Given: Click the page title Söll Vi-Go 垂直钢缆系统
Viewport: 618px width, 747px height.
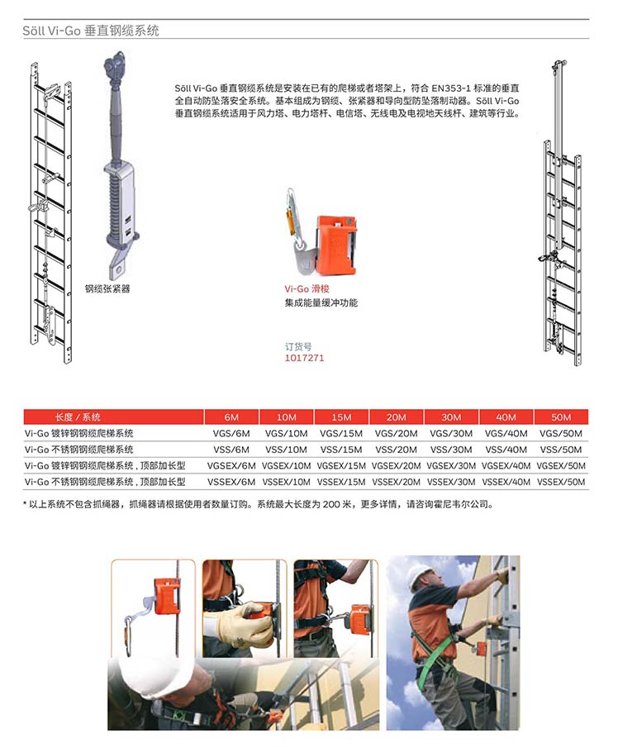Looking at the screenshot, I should (x=91, y=31).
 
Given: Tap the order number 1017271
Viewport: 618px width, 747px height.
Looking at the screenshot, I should (x=304, y=358).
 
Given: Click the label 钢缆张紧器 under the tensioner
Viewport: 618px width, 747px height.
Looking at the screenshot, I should (x=107, y=289).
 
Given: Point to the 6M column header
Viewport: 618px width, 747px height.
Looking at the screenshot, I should (x=231, y=417).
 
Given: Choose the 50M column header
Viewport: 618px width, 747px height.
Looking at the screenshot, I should (x=561, y=417).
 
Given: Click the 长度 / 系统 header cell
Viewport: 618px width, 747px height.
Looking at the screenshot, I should (x=78, y=417).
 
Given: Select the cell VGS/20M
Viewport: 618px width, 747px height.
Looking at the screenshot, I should (x=396, y=433).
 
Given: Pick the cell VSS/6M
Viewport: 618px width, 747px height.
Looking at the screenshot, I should (x=231, y=450).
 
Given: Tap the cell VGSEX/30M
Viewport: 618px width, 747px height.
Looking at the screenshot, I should (x=450, y=465).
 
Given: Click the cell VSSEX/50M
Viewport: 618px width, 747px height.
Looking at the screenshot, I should (x=561, y=481).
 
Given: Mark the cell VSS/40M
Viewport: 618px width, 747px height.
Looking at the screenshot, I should (x=506, y=450).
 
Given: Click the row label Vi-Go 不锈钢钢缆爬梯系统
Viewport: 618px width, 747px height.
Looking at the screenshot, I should (x=79, y=450).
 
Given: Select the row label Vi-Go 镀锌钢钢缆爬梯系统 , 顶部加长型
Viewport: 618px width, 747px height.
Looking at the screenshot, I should (x=105, y=465).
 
